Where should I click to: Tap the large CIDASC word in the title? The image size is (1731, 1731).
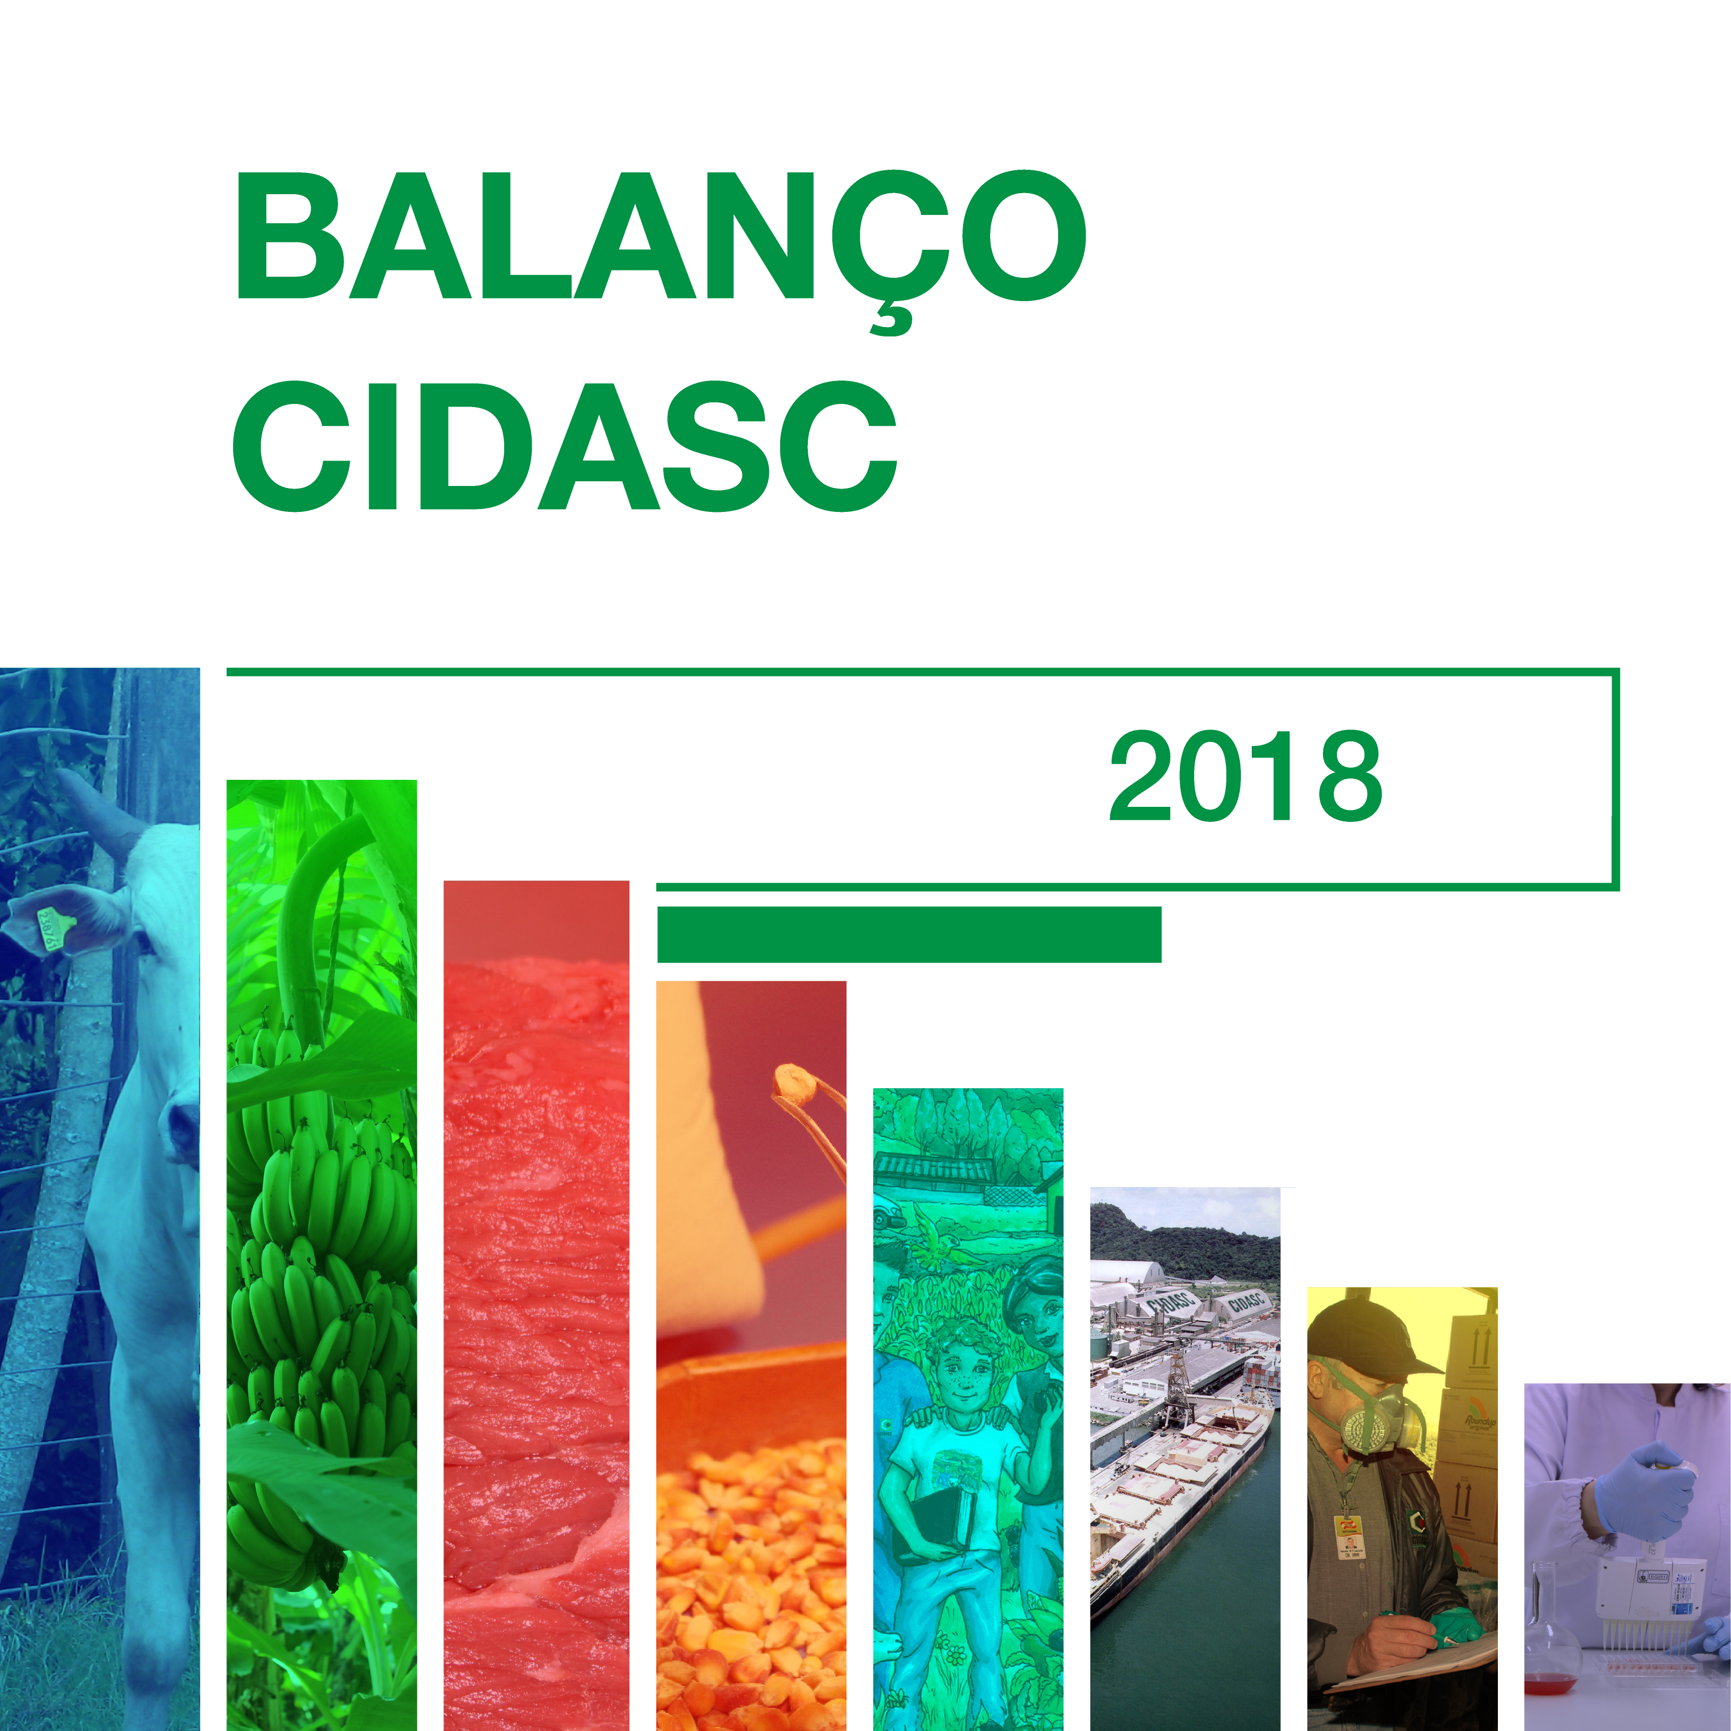point(564,445)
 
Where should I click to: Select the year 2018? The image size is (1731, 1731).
point(1246,776)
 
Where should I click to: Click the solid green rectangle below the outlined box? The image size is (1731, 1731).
point(910,935)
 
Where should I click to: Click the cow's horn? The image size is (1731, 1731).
point(99,811)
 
